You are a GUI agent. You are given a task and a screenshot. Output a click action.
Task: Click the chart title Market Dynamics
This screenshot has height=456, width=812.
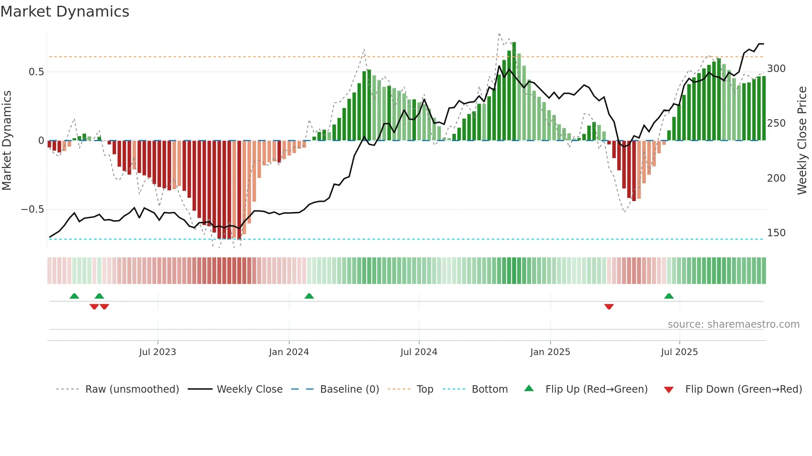65,12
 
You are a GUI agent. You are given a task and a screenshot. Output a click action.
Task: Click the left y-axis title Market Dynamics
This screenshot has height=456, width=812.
7,140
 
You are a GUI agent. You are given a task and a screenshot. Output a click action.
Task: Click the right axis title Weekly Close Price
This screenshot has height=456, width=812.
802,140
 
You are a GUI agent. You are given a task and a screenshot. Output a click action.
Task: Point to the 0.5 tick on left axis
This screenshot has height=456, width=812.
36,72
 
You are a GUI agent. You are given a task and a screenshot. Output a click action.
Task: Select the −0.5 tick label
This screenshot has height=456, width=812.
33,209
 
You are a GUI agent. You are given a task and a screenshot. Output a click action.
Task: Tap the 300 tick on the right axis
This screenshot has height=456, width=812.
776,69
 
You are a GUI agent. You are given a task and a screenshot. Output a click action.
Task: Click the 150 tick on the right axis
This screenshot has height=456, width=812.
776,233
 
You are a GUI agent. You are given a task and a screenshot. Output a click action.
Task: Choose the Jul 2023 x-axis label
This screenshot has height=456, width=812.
157,352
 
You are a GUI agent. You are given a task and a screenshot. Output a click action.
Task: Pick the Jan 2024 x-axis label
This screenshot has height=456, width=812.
289,352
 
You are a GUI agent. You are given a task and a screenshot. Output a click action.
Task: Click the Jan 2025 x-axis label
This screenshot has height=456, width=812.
550,352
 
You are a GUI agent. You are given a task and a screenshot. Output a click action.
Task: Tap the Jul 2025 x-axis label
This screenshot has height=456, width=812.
679,352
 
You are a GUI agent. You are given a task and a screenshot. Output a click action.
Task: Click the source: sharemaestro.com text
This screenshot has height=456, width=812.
733,324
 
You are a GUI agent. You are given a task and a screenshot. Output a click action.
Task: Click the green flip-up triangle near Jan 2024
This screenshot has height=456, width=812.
309,296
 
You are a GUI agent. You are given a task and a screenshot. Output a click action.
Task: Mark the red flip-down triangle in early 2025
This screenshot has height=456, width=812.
609,307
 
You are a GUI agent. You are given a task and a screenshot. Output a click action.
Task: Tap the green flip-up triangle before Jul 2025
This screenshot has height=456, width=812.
669,296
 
